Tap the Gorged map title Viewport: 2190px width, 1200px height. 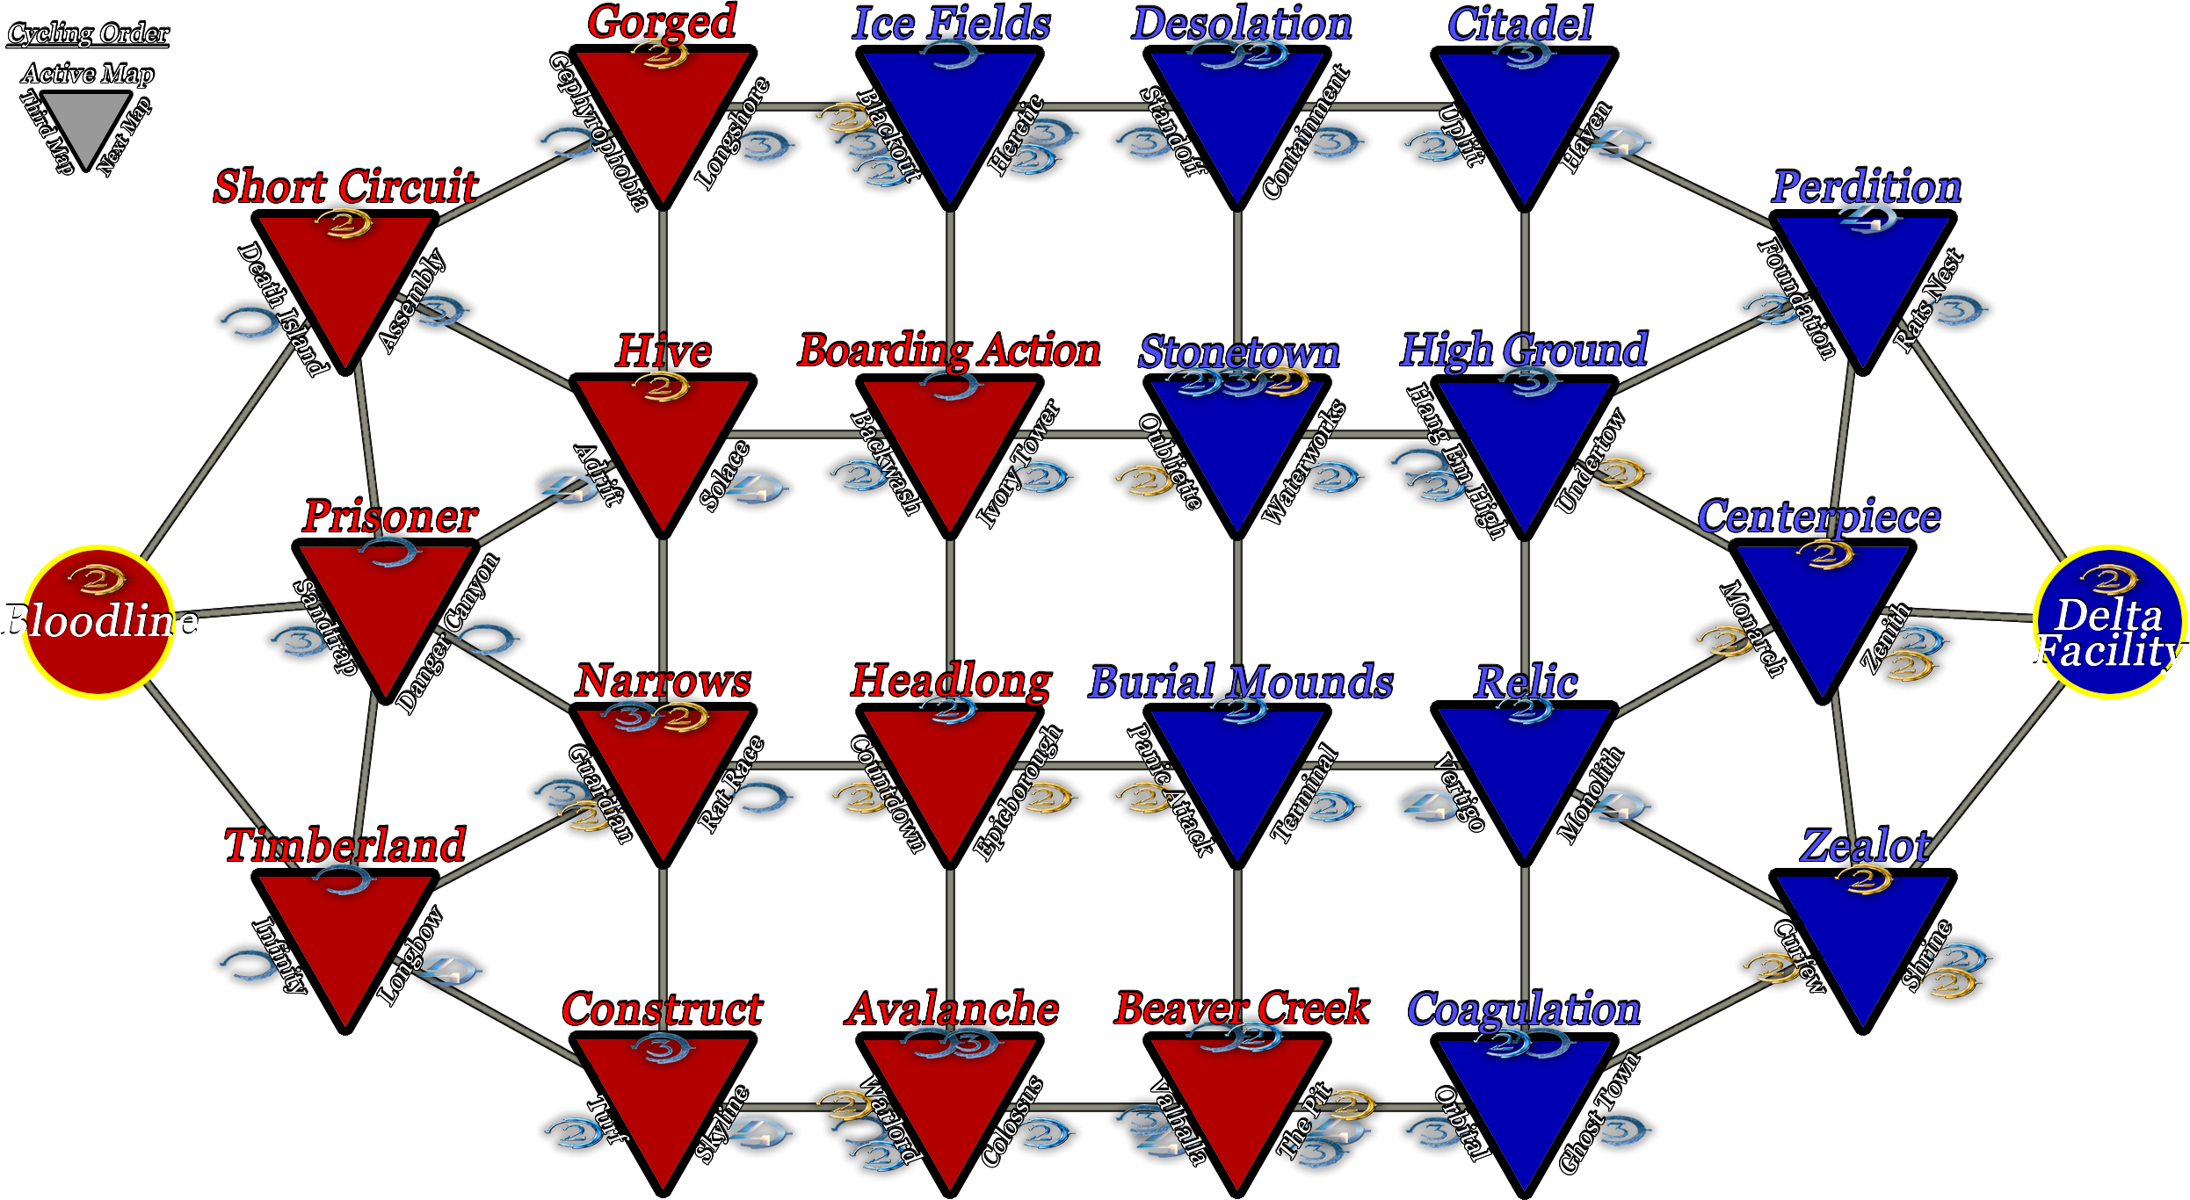[662, 21]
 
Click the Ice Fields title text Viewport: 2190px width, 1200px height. [951, 23]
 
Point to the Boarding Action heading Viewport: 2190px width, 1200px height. [949, 351]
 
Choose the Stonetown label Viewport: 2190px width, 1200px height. [1239, 352]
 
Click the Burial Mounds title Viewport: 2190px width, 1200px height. [1241, 682]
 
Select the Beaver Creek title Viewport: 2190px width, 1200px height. [1242, 1008]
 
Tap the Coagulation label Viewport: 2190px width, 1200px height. [1524, 1009]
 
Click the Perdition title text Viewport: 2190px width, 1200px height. [1866, 186]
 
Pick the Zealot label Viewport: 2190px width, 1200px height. [1865, 845]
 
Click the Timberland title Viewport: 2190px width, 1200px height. [345, 845]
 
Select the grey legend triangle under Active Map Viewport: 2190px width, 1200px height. [85, 123]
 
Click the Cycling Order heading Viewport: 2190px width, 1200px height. [88, 33]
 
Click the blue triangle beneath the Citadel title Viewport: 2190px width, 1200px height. [1524, 114]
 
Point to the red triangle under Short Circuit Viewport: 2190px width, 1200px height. [345, 281]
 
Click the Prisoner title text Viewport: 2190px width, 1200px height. [390, 516]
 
